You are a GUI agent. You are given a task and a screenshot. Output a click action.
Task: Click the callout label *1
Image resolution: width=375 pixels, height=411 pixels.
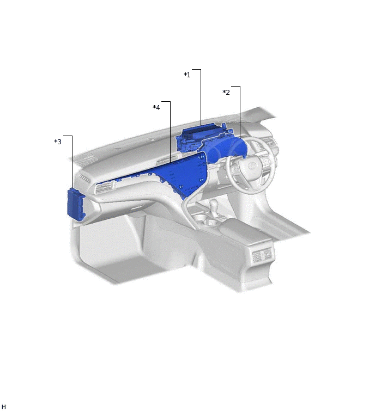187,75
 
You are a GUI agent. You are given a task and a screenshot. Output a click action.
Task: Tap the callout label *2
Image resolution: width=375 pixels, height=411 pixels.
226,92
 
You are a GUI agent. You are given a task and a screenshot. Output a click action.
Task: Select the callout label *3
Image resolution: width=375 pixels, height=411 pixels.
58,142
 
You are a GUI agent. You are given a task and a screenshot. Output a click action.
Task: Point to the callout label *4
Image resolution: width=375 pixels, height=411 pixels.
156,107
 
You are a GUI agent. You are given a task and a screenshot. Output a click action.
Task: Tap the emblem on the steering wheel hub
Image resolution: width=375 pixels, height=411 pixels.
252,165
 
